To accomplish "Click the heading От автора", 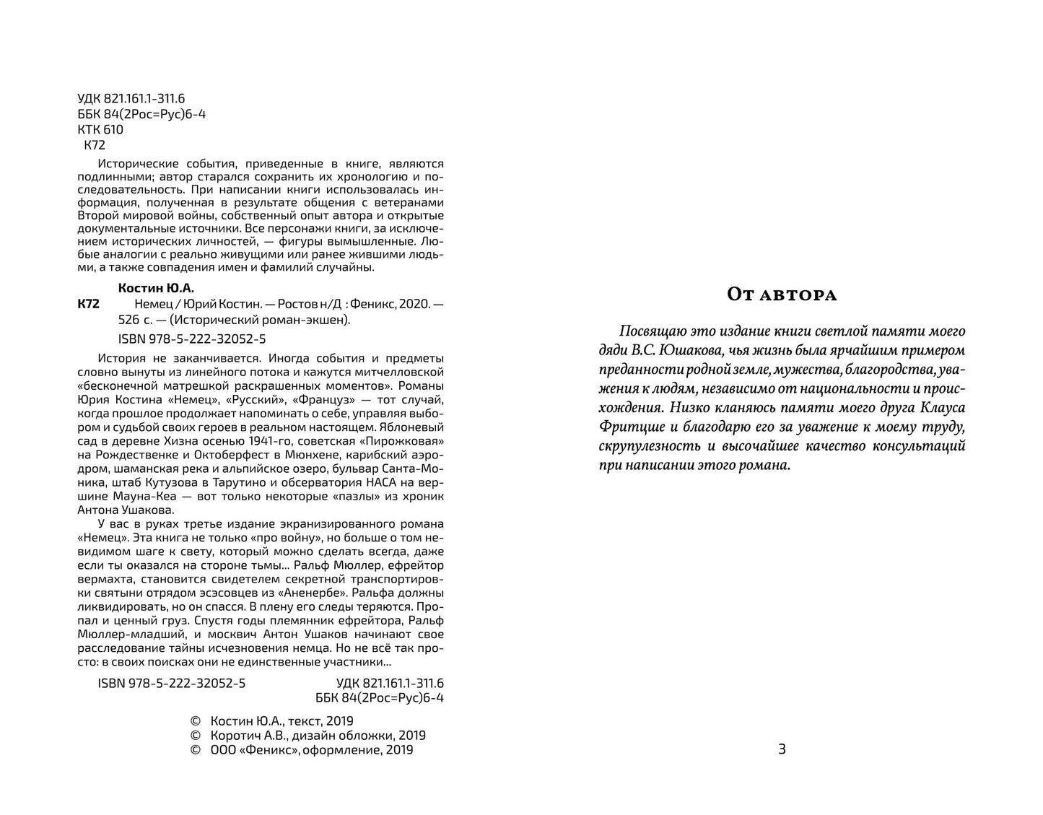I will tap(781, 295).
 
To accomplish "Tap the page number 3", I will tap(782, 749).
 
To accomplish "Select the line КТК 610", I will tap(100, 130).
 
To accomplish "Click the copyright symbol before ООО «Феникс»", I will tap(193, 750).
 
